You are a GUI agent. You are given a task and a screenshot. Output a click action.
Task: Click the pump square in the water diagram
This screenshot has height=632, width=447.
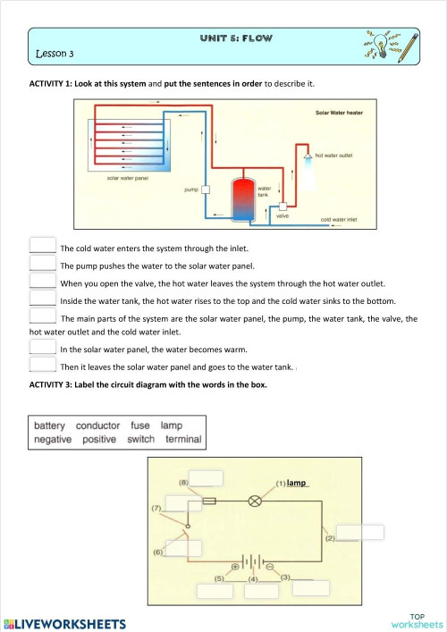(x=206, y=190)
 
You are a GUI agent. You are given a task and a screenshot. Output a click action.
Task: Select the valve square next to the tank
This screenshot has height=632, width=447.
(x=283, y=207)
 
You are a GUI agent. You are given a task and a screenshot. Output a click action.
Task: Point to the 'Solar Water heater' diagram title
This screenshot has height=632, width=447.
(x=344, y=114)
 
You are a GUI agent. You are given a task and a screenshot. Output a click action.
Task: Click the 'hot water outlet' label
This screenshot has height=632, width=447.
(x=333, y=155)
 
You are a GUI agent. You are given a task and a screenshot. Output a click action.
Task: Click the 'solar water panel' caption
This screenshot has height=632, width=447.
(x=127, y=178)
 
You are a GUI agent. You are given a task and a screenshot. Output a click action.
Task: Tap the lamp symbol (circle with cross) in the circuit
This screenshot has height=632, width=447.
(x=255, y=501)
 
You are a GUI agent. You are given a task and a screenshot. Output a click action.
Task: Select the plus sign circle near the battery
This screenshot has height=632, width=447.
(x=235, y=566)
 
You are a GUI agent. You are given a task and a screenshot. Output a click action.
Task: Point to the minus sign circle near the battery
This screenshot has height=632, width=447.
(x=270, y=566)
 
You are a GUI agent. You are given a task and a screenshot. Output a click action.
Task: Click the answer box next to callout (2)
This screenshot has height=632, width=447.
(x=360, y=532)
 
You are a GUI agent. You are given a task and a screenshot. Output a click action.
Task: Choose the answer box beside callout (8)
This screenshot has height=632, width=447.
(x=206, y=476)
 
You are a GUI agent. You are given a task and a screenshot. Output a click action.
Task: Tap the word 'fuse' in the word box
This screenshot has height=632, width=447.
(x=140, y=426)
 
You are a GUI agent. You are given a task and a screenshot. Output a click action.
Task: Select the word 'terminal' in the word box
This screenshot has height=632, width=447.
(x=183, y=440)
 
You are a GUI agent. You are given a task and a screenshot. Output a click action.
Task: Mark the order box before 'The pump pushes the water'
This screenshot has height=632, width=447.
(x=42, y=265)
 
